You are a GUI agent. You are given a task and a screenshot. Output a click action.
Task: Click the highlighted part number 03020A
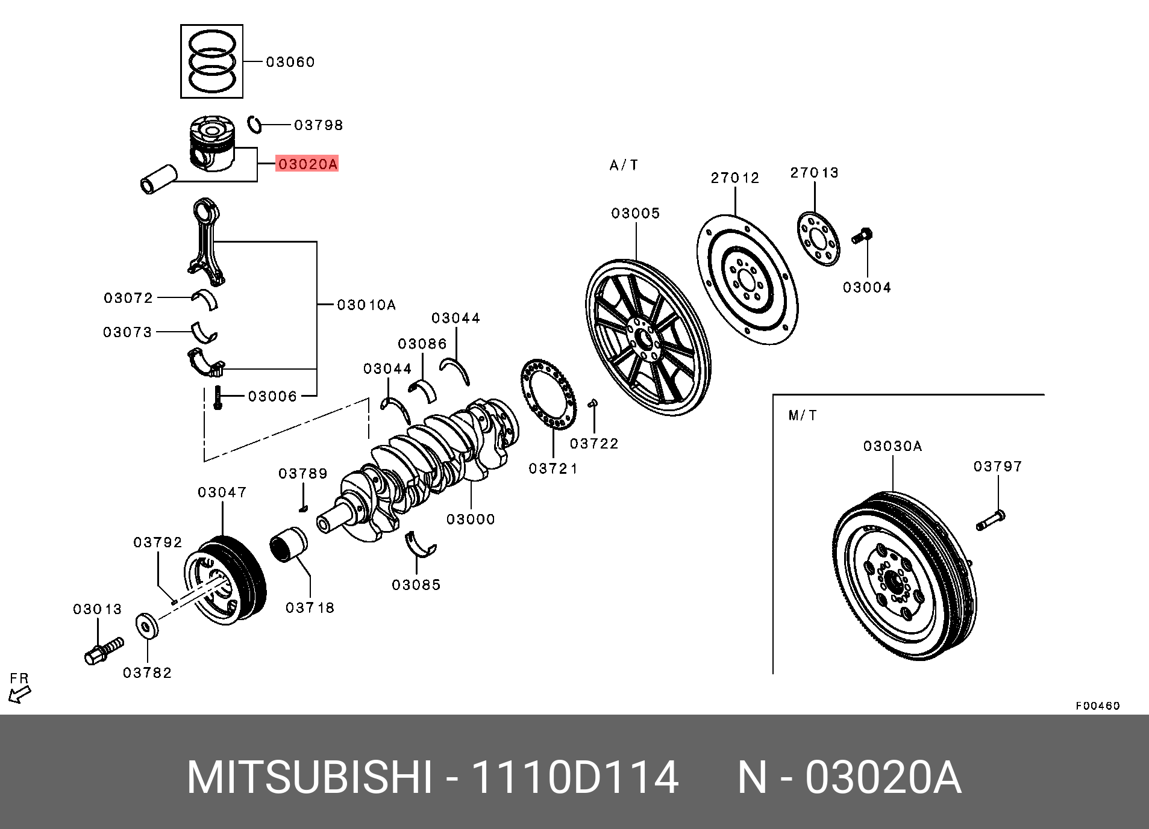point(307,164)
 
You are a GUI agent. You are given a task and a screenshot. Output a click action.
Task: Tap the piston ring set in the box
point(211,61)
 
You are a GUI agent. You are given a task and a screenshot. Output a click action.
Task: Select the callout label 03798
point(318,125)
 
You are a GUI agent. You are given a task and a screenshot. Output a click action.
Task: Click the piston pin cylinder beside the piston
point(158,179)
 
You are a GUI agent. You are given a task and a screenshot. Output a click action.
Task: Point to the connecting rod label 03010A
point(366,305)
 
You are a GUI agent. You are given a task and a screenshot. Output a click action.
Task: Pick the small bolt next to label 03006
point(218,398)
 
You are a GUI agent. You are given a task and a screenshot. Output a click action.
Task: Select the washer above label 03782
point(146,626)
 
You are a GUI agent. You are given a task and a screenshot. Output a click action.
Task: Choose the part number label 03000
point(471,520)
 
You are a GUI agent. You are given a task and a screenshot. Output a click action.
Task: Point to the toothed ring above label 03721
point(548,394)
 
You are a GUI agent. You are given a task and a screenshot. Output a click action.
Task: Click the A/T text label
point(624,166)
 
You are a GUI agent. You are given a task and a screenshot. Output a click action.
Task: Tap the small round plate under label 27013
point(818,238)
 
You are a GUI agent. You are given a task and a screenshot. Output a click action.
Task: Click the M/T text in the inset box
point(803,415)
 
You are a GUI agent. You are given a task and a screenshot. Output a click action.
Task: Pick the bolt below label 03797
point(990,520)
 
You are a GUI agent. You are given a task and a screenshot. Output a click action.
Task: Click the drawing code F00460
point(1097,706)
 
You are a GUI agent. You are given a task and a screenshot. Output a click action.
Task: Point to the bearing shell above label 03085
point(420,544)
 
